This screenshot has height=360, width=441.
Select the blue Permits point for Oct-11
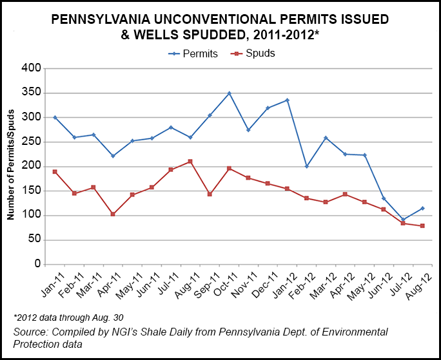coord(229,93)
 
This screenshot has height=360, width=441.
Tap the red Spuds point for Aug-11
coord(190,162)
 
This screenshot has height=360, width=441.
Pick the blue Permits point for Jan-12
coord(287,100)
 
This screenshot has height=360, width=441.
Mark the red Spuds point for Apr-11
coord(113,214)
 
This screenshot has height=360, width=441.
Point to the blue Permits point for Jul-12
coord(403,220)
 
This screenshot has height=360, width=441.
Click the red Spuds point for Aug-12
coord(422,225)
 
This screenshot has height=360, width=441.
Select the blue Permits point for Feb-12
coord(306,166)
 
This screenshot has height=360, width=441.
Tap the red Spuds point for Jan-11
coord(55,172)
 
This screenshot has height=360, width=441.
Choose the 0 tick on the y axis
coord(37,265)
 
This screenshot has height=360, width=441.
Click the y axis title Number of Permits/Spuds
coord(11,166)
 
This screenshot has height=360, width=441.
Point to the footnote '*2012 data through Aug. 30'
coord(67,318)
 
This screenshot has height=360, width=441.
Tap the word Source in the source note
coord(30,332)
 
